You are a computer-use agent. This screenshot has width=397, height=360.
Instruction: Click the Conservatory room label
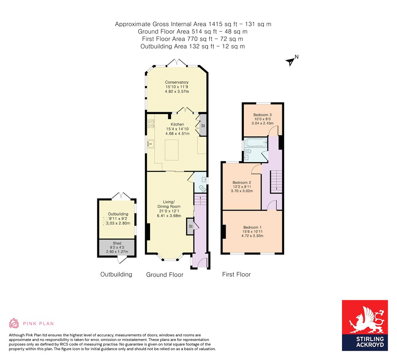click(176, 82)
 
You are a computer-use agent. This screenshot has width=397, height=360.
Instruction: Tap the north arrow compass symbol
click(290, 61)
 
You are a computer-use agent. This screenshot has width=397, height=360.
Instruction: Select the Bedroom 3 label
click(262, 115)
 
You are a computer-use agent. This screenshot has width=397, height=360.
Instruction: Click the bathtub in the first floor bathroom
click(255, 144)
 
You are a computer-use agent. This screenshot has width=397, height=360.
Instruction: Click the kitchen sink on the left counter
click(150, 144)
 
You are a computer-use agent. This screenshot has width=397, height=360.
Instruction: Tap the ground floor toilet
click(202, 188)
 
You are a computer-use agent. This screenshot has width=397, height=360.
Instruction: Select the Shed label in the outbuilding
click(117, 243)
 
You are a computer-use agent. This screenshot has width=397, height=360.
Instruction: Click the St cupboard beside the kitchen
click(202, 126)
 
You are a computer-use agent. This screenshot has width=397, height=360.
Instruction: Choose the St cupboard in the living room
click(190, 226)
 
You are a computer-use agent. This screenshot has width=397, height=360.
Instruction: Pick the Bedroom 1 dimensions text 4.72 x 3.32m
click(252, 235)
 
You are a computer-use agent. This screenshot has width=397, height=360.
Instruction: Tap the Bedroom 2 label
click(242, 183)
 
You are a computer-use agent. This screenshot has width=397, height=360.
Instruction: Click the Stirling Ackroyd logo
click(364, 325)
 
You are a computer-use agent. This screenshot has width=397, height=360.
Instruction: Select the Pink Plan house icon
click(14, 323)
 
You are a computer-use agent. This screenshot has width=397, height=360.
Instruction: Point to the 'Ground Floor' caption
click(164, 275)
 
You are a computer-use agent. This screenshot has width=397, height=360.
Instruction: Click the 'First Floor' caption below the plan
click(236, 274)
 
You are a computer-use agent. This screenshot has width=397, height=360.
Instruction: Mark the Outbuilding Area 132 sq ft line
click(193, 46)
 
